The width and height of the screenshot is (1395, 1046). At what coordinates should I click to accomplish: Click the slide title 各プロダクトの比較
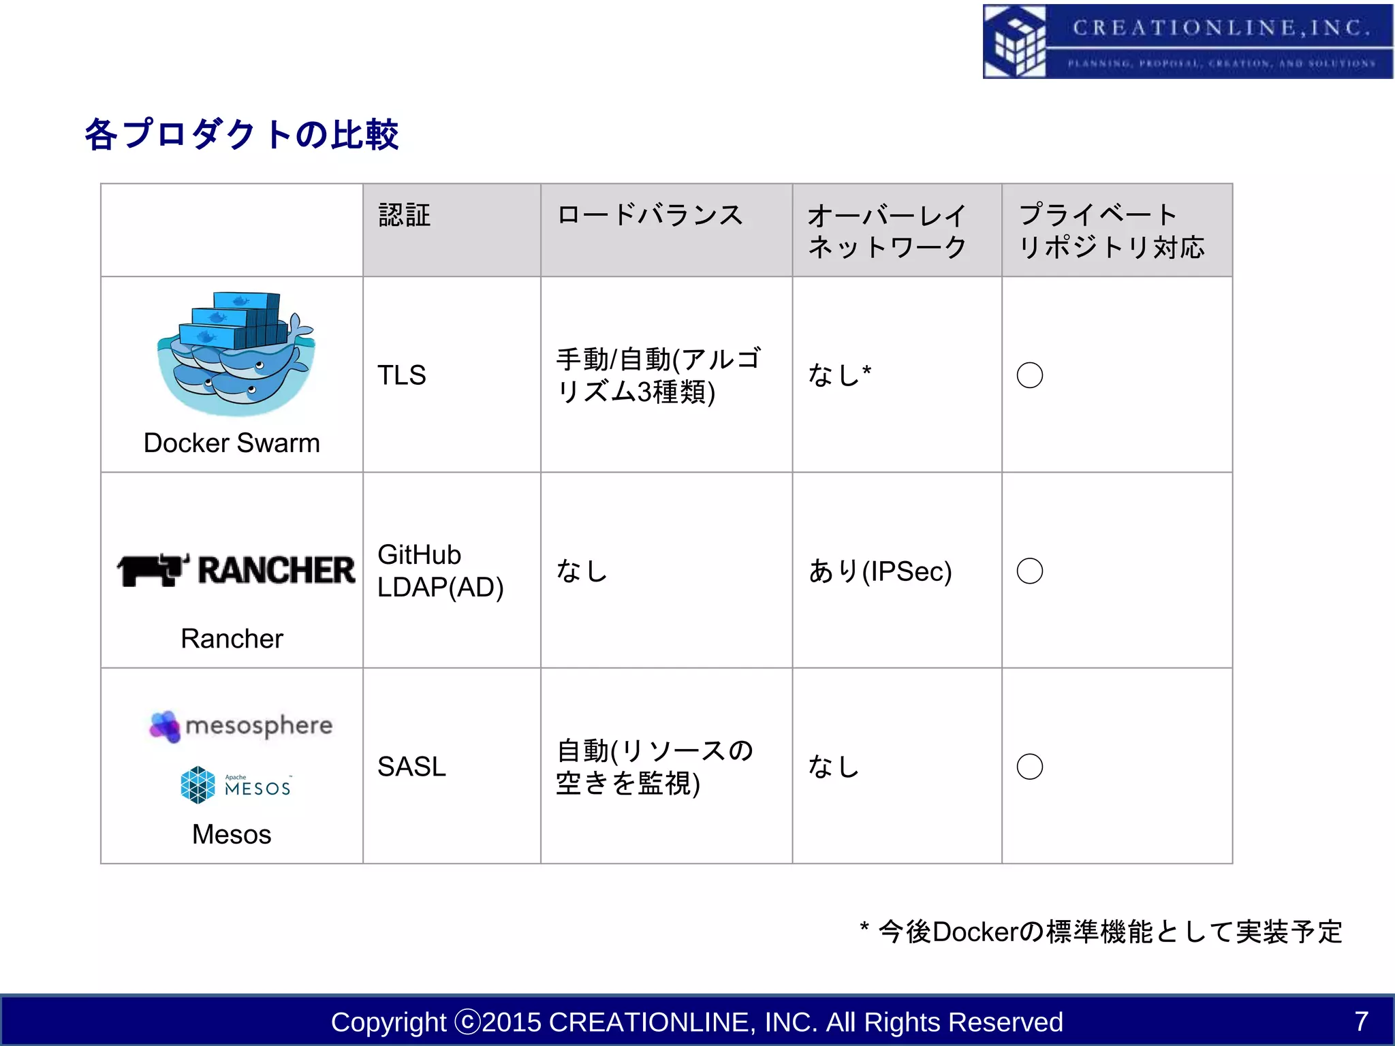point(241,134)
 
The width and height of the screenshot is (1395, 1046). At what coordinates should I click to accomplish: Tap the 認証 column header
point(405,215)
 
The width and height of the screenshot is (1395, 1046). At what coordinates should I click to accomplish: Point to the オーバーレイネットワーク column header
point(887,231)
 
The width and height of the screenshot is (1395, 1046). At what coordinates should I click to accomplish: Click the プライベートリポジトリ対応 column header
point(1111,231)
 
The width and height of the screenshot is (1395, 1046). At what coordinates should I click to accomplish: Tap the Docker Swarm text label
point(232,443)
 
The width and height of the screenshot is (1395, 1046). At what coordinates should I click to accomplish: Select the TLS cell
point(402,375)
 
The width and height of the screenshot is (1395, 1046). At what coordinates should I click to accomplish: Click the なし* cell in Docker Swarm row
point(839,375)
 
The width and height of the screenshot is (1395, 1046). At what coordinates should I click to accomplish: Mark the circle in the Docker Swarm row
point(1029,375)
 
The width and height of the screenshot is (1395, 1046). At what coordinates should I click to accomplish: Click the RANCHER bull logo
point(236,570)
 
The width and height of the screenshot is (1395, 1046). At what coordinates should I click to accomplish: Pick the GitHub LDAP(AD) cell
point(440,571)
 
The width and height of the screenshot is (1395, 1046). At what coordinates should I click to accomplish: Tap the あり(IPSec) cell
point(879,571)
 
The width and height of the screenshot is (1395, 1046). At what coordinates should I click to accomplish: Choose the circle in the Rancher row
point(1029,571)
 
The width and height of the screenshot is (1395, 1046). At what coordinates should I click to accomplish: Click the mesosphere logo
point(241,726)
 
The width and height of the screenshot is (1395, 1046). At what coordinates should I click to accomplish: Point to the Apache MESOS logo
point(236,785)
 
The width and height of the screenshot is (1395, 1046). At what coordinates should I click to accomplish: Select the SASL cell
point(411,767)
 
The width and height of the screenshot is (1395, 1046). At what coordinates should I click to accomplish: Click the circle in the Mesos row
point(1029,767)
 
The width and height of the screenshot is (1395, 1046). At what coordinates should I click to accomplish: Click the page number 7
point(1361,1021)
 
